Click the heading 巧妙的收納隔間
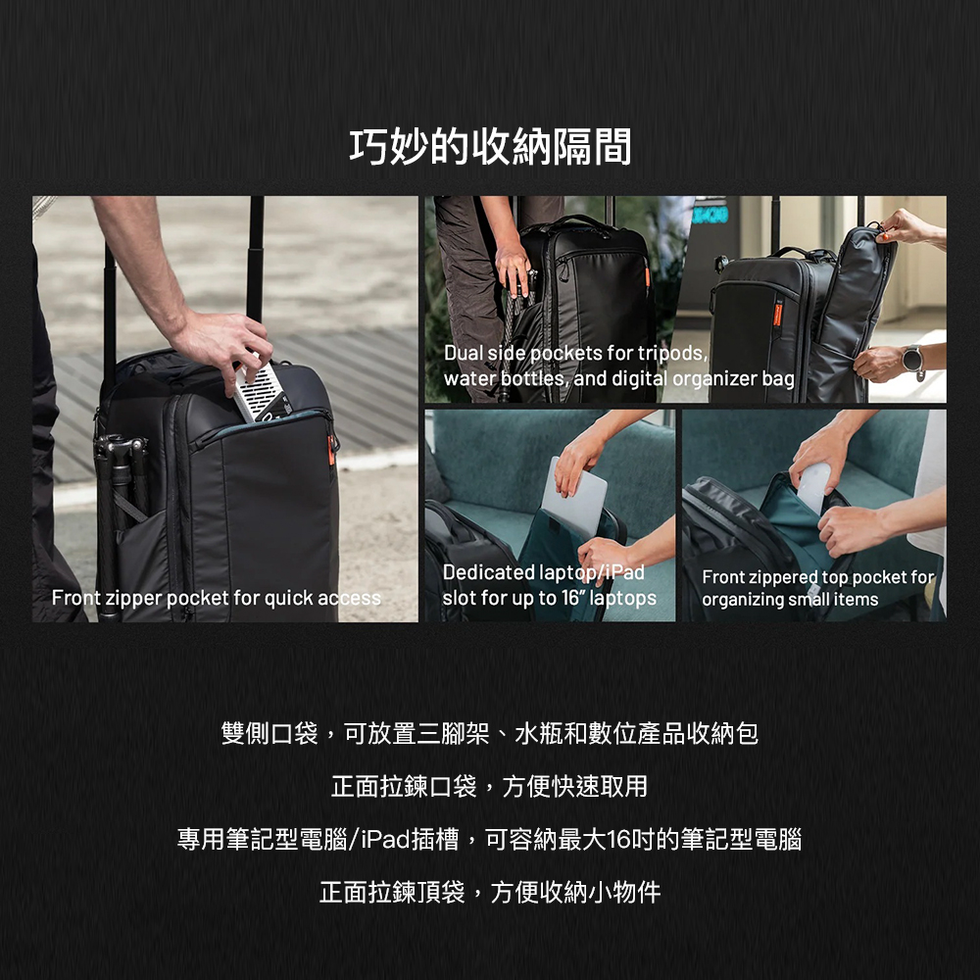[x=490, y=147]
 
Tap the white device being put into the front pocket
[x=263, y=393]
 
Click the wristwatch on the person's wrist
[x=912, y=361]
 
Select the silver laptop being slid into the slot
[x=573, y=497]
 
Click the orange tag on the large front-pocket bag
[x=331, y=450]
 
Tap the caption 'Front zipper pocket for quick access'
[x=217, y=598]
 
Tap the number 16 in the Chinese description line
[x=618, y=839]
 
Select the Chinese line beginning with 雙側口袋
[x=490, y=733]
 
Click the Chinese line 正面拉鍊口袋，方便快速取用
[x=490, y=786]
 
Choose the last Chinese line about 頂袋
[x=490, y=892]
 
